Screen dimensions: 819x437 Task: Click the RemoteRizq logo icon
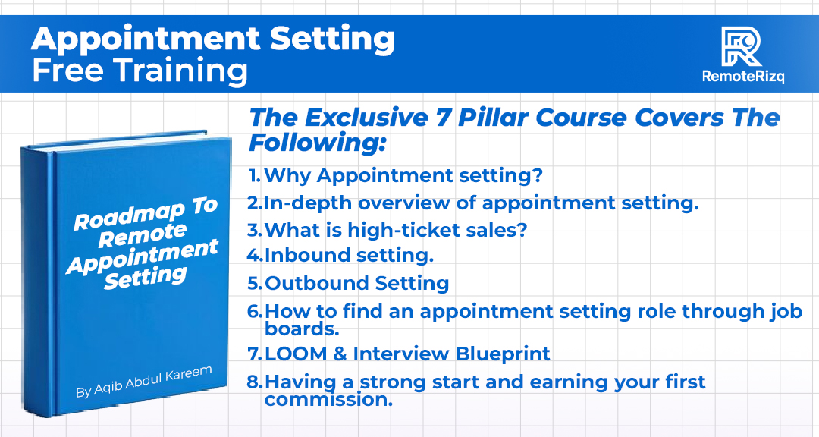(x=742, y=46)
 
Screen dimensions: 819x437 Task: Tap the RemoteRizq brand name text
(x=742, y=77)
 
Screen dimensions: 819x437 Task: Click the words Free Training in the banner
(x=140, y=71)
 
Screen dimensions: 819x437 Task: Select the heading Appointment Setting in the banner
(x=212, y=38)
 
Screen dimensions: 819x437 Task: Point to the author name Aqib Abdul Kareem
(x=143, y=382)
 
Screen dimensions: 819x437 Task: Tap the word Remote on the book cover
(x=142, y=237)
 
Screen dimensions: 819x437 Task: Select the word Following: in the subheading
(x=318, y=142)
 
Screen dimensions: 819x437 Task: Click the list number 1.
(x=255, y=176)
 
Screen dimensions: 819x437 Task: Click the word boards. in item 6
(x=302, y=329)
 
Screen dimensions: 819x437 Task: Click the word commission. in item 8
(x=328, y=400)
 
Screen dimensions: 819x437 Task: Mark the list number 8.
(x=256, y=382)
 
